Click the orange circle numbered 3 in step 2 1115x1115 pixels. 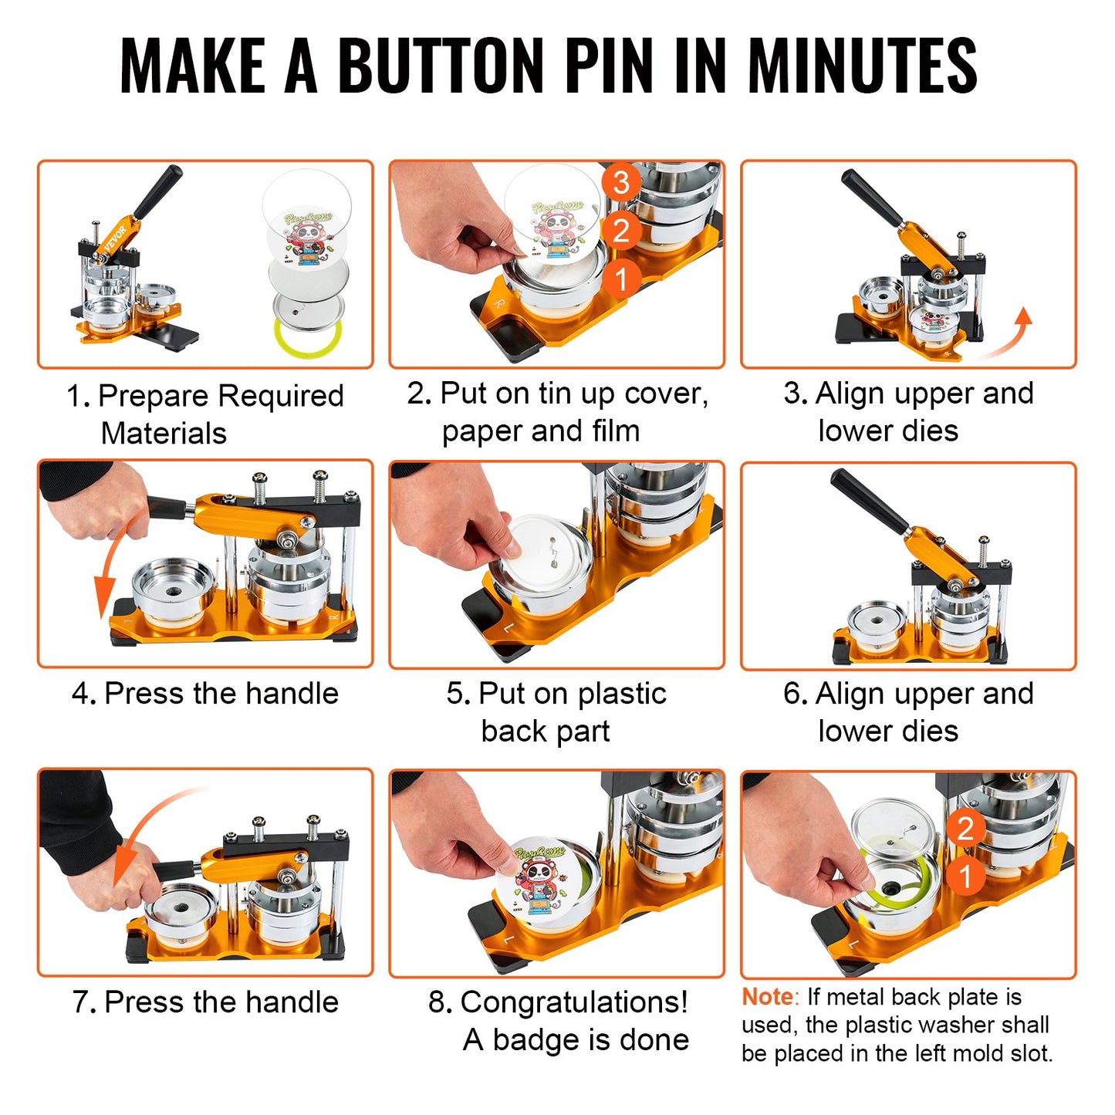pyautogui.click(x=621, y=183)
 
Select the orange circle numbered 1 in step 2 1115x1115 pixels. pyautogui.click(x=621, y=279)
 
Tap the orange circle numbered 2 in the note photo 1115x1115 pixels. pyautogui.click(x=965, y=829)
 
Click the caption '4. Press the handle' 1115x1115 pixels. pyautogui.click(x=205, y=693)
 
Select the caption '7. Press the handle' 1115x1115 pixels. pyautogui.click(x=205, y=1002)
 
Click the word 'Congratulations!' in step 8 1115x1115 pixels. pyautogui.click(x=573, y=1002)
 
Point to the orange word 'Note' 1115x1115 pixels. pyautogui.click(x=766, y=997)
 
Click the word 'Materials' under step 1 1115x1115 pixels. pyautogui.click(x=164, y=433)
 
